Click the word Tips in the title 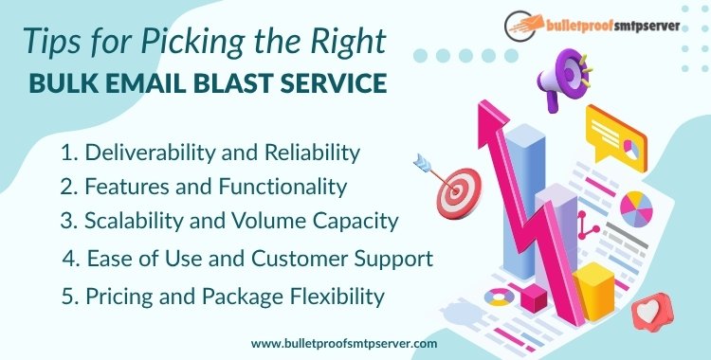tap(47, 40)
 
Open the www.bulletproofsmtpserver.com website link tap(344, 344)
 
